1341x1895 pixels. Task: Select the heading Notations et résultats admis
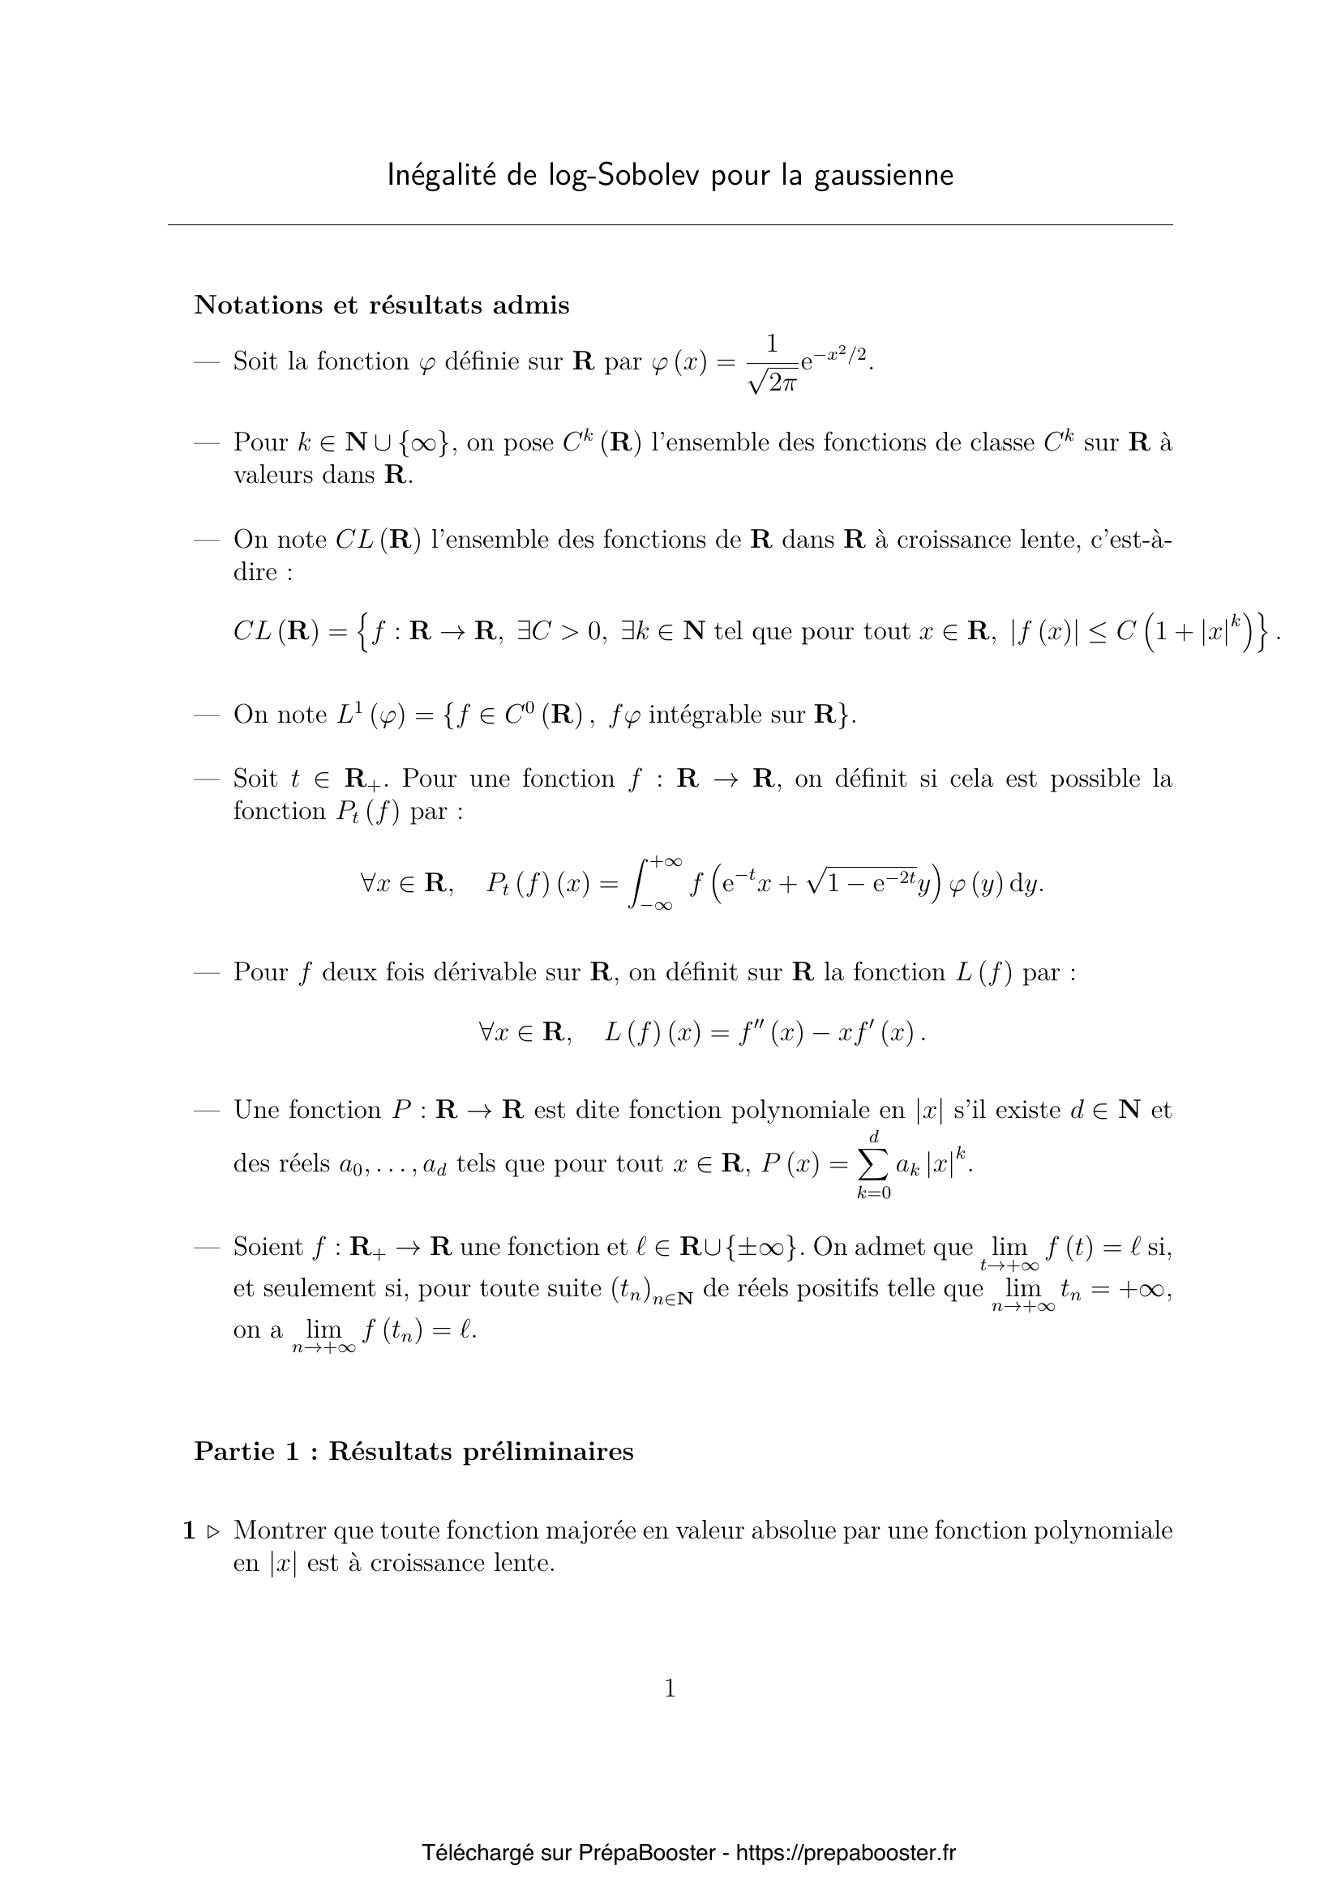tap(382, 305)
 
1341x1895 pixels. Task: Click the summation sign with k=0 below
tap(874, 1163)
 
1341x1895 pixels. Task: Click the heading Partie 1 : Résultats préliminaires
tap(413, 1452)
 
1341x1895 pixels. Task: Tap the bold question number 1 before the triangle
tap(189, 1531)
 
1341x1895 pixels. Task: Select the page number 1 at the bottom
tap(670, 1689)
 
